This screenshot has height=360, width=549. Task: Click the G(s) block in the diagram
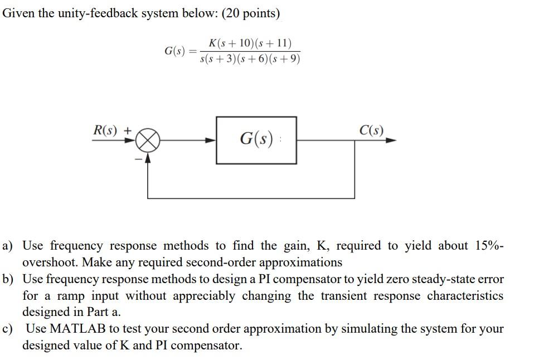(256, 140)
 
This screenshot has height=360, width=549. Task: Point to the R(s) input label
(105, 130)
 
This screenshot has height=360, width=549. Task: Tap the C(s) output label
(372, 130)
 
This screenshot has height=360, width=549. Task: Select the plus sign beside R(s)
(128, 130)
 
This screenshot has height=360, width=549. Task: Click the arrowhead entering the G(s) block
(211, 140)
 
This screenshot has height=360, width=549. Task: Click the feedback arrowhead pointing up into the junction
(148, 158)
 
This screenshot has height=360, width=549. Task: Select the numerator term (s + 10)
(239, 43)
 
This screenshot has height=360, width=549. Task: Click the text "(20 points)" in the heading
(251, 13)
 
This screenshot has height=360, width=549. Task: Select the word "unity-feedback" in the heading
(96, 13)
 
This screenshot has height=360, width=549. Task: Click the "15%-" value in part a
(490, 246)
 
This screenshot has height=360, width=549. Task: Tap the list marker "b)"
(8, 279)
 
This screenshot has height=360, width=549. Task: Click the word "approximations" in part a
(301, 262)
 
